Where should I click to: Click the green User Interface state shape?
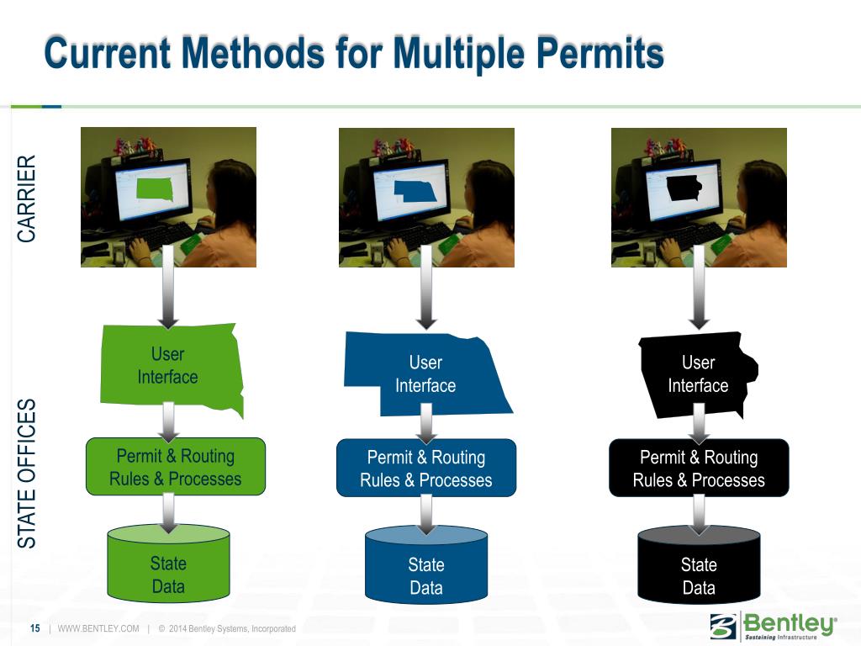click(168, 366)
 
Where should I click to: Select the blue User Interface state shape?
click(425, 374)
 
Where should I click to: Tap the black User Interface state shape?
click(698, 374)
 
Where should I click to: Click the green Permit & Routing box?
click(175, 468)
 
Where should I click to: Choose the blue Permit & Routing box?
click(426, 469)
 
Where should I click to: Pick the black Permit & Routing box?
click(699, 469)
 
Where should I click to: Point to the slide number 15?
click(35, 629)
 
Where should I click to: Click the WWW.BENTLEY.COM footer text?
click(98, 629)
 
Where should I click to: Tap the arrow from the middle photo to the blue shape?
click(426, 299)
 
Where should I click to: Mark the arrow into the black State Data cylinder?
click(699, 514)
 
